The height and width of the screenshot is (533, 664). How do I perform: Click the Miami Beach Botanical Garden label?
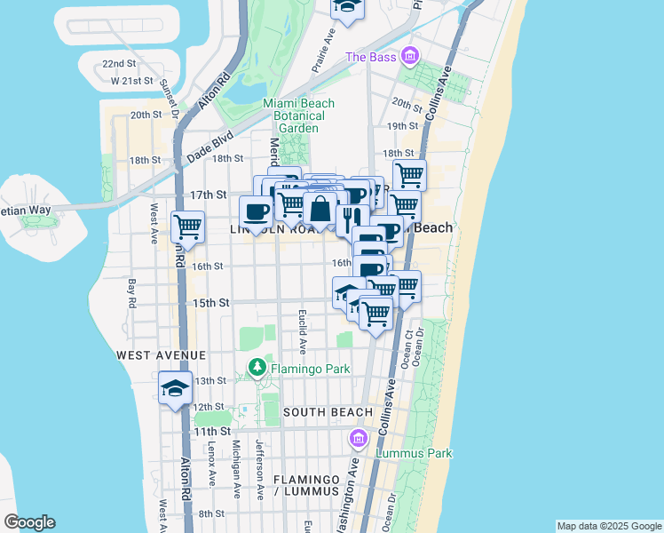point(298,115)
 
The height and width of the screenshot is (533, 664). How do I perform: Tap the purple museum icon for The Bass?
point(409,57)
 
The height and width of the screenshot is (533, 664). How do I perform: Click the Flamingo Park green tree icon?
point(257,366)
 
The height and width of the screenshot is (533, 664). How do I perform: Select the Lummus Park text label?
point(414,454)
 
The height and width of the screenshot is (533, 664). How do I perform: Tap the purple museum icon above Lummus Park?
point(359,438)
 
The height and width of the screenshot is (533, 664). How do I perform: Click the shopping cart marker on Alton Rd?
point(188,227)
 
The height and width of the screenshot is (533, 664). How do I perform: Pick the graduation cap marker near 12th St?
point(175,389)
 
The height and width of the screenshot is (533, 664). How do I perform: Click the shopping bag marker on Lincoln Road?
point(320,210)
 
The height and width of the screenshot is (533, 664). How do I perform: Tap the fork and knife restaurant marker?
point(352,219)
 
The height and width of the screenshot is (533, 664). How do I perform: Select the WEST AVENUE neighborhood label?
point(155,354)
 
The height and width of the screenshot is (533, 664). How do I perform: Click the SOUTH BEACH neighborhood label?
point(319,413)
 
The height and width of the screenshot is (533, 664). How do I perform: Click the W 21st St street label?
point(135,81)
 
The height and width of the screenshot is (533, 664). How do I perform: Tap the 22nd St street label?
point(119,64)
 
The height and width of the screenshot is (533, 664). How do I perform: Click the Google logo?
point(29,522)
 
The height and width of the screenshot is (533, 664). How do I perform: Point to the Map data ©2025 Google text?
point(609,526)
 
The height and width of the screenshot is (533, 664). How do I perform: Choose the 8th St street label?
point(211,513)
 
